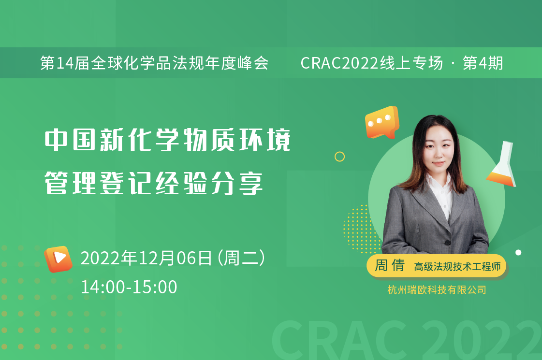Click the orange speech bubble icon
(x=382, y=122)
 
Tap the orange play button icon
(x=58, y=259)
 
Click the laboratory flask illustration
(x=502, y=164)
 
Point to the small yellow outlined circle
(x=340, y=157)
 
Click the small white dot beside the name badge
(x=518, y=253)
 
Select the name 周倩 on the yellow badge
(x=390, y=265)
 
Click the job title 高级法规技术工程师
(x=457, y=266)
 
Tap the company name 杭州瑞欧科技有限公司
(x=437, y=289)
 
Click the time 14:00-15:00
(x=129, y=287)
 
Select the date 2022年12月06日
(x=146, y=258)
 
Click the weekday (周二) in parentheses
(x=242, y=258)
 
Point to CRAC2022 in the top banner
(x=340, y=63)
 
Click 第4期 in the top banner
(x=483, y=63)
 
